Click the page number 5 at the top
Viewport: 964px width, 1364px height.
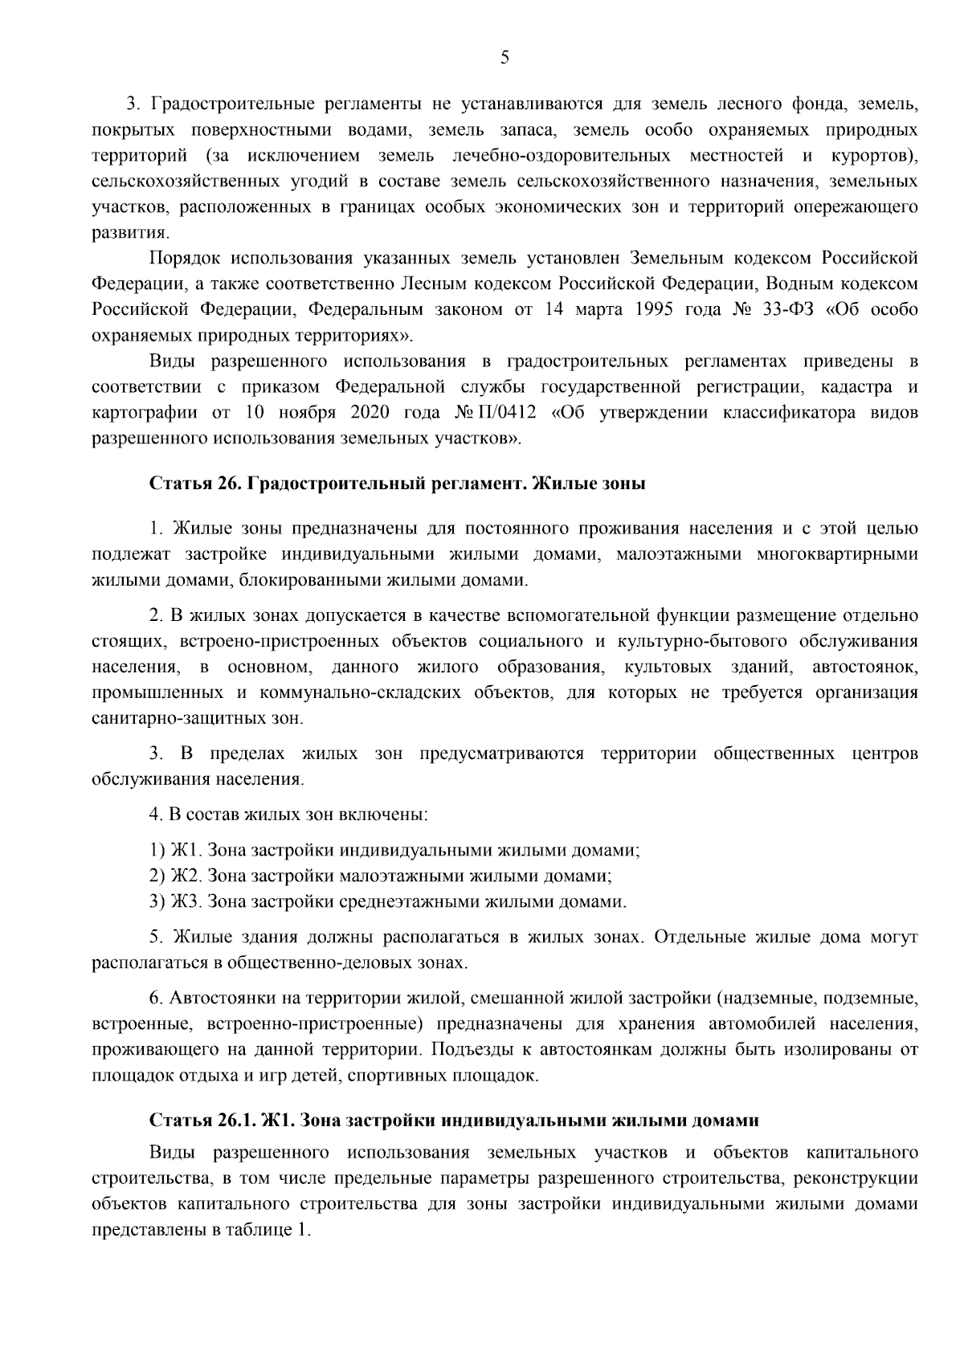(504, 57)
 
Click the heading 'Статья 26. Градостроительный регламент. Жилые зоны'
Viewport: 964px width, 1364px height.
(397, 484)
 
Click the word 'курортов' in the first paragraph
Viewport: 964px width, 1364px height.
(867, 154)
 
